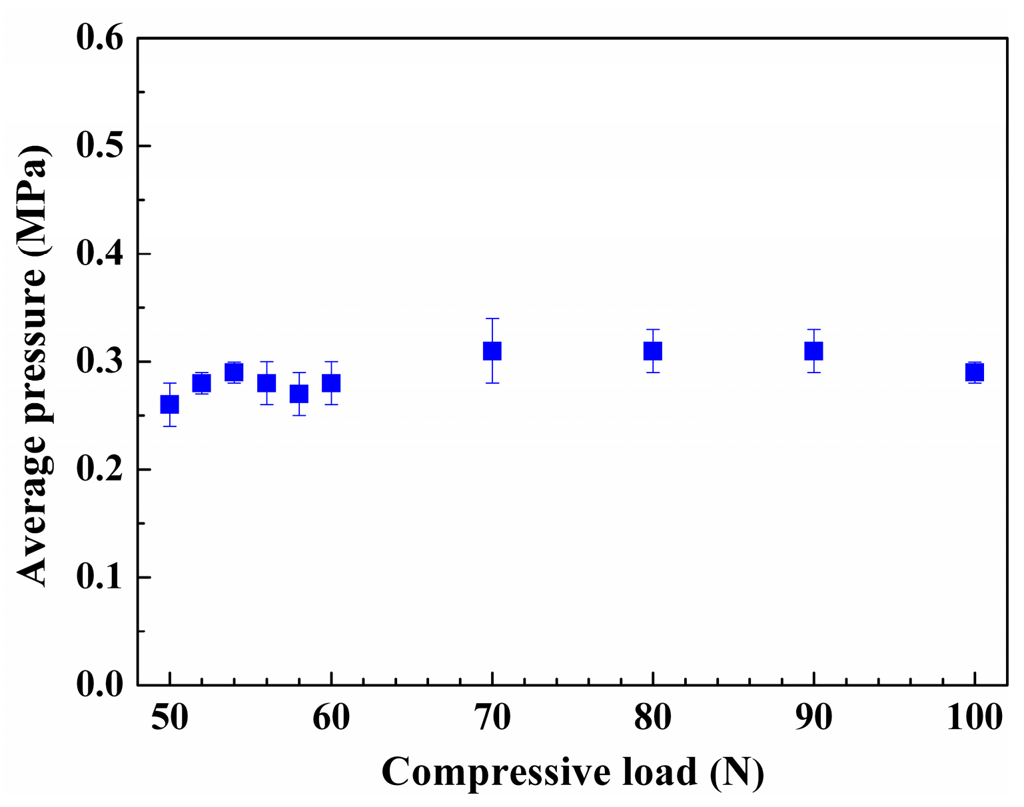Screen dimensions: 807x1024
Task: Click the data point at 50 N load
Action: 170,404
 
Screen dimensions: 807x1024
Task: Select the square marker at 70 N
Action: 492,351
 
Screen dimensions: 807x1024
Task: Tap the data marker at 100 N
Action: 975,373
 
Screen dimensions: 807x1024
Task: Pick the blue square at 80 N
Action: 653,351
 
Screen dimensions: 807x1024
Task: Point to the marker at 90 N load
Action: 813,351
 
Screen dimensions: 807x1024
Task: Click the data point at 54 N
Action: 234,373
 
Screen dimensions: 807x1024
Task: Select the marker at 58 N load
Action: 299,394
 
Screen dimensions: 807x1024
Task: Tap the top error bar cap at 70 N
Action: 492,319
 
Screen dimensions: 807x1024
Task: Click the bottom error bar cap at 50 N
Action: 170,426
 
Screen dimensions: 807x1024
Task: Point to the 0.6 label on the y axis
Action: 100,39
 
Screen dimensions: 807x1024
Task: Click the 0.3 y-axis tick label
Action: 100,362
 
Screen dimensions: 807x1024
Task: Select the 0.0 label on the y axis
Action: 100,685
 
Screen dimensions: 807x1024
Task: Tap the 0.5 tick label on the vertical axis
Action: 100,147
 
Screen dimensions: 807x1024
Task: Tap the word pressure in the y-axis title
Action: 32,347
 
